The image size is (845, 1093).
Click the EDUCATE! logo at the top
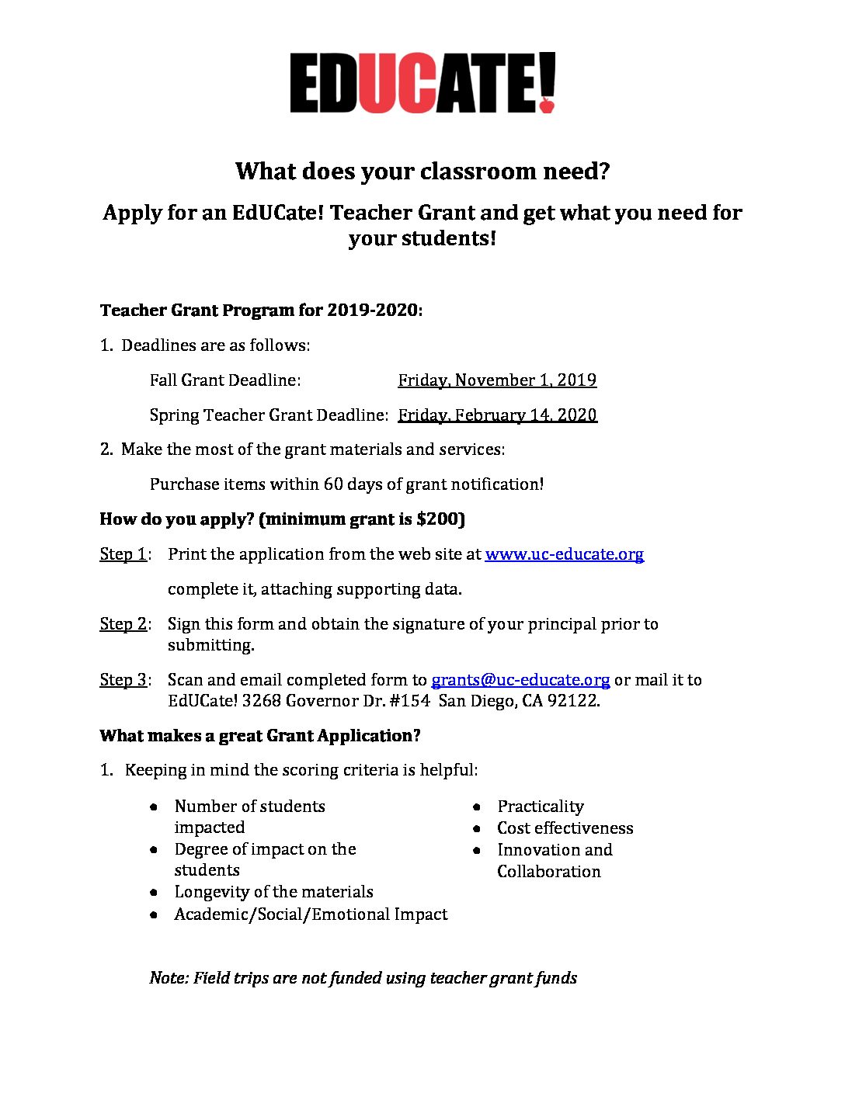[x=422, y=83]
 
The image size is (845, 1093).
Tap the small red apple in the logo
[x=547, y=104]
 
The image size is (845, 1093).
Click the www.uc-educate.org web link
[x=564, y=554]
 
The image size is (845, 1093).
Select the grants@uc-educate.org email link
[x=520, y=680]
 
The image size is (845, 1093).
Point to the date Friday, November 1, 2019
[x=497, y=380]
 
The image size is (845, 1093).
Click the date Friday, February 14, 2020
[x=497, y=415]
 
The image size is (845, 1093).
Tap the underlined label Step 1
[x=123, y=554]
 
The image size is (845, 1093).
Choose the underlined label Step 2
[x=123, y=624]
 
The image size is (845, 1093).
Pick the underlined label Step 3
[x=123, y=680]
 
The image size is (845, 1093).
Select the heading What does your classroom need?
[x=422, y=171]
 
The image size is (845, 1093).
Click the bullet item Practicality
[x=541, y=807]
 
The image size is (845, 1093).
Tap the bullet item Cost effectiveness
[x=565, y=828]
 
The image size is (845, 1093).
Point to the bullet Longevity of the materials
[x=273, y=892]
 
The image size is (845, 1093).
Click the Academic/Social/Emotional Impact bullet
[x=311, y=914]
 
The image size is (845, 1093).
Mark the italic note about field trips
[x=363, y=978]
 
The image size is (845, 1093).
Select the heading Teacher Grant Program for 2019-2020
[x=261, y=311]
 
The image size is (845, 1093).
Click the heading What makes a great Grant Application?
[x=259, y=736]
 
